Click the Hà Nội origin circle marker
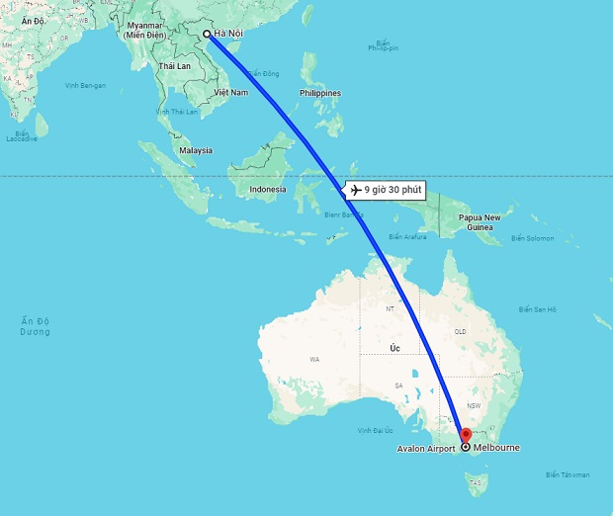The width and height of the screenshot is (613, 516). click(x=207, y=34)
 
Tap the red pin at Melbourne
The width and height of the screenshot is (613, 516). click(x=466, y=434)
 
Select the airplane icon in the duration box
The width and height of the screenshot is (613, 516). click(x=355, y=189)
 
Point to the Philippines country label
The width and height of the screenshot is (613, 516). click(x=319, y=93)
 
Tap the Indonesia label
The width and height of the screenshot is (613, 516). click(x=268, y=189)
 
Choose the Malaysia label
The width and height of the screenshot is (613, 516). click(x=195, y=150)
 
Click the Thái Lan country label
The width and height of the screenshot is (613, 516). click(x=174, y=65)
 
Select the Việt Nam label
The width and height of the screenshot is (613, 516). click(x=230, y=91)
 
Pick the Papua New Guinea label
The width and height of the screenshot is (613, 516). click(x=491, y=222)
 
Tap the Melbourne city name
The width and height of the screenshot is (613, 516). click(x=496, y=448)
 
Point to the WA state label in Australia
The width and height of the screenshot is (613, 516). click(x=314, y=359)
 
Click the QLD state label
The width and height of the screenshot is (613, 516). click(x=460, y=332)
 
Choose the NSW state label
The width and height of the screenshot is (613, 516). click(x=474, y=405)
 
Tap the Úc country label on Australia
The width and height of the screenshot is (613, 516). click(x=394, y=348)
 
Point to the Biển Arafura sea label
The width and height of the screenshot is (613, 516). click(x=408, y=237)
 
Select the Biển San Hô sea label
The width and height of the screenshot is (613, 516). click(x=538, y=309)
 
